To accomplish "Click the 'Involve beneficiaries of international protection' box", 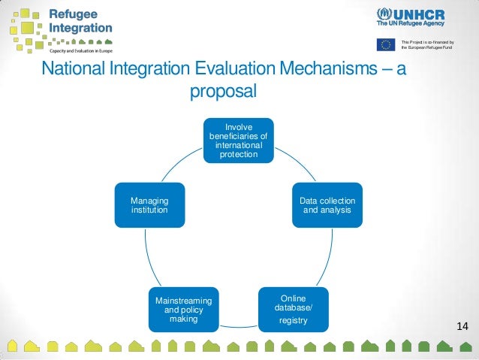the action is tap(239, 140).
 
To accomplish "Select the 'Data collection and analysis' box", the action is tap(327, 205).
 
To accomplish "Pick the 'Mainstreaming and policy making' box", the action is tap(184, 309).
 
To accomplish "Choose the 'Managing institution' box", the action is tap(149, 205).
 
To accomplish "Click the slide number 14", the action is tap(461, 326).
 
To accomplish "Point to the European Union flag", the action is tap(386, 44).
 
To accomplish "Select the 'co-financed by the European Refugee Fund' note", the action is tap(428, 44).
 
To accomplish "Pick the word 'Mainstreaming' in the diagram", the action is tap(184, 301).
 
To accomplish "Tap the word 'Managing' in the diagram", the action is tap(149, 201).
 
